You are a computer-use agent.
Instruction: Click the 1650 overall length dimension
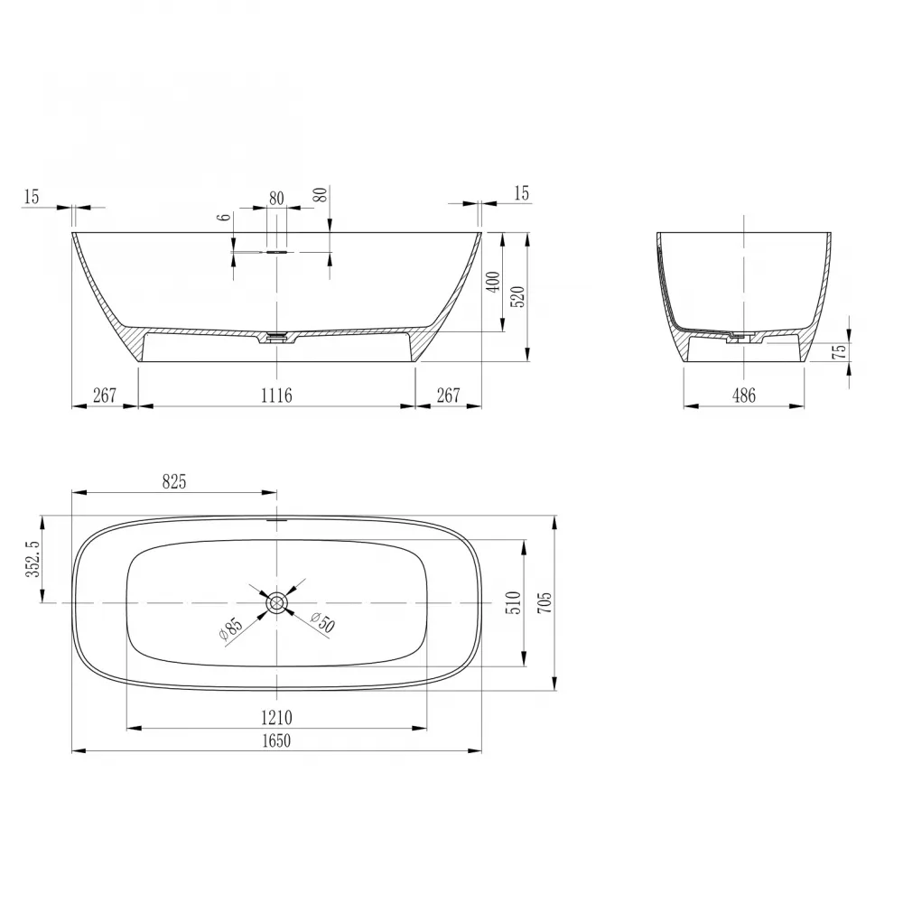pos(276,740)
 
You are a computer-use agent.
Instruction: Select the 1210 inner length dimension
pos(276,718)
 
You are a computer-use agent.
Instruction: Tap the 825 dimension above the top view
pos(174,481)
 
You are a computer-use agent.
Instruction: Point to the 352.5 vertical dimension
pos(33,559)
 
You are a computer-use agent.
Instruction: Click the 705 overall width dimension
pos(545,602)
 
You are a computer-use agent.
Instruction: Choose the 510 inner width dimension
pos(515,602)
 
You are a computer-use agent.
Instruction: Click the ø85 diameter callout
pos(230,628)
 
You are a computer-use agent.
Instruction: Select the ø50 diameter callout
pos(322,622)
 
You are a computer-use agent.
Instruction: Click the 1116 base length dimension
pos(276,396)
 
